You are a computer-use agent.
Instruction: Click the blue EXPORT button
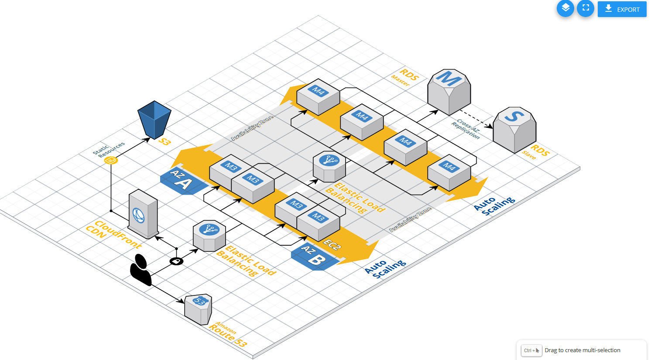pos(622,9)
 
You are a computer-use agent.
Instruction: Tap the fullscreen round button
pos(586,8)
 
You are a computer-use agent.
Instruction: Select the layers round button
pos(565,8)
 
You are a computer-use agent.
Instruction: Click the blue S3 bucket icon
pos(154,120)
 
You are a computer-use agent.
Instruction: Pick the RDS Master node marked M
pos(449,92)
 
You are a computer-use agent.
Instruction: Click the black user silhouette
pos(140,270)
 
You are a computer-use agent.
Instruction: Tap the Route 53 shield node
pos(199,309)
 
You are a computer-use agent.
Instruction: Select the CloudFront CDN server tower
pos(143,214)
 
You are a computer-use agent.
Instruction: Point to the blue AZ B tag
pos(314,257)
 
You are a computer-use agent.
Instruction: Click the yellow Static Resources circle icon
pos(111,161)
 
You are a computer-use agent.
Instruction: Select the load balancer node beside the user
pos(209,235)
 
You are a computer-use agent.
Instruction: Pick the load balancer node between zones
pos(329,166)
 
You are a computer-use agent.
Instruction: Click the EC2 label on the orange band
pos(332,245)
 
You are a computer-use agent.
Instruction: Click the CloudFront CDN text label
pos(113,234)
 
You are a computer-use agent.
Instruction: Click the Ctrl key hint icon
pos(531,350)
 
